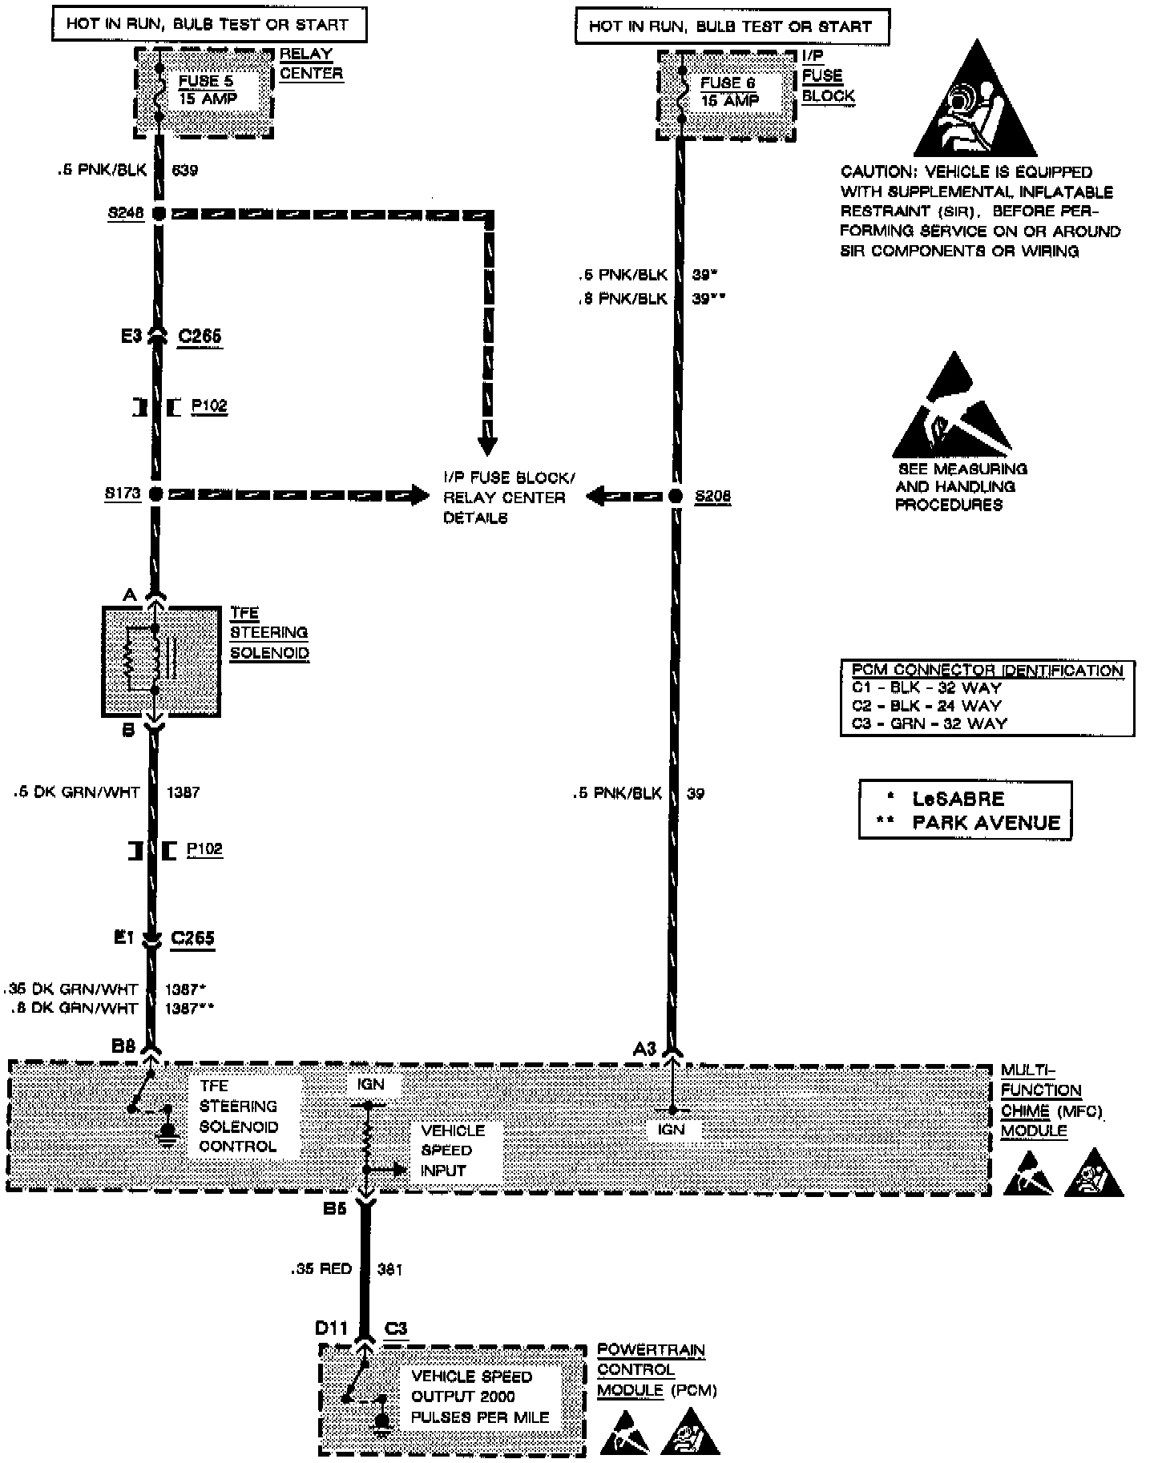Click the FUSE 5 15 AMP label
click(208, 90)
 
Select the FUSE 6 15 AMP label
click(729, 91)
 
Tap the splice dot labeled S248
click(159, 214)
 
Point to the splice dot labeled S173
click(156, 494)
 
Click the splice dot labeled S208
click(675, 496)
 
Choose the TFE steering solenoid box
click(160, 661)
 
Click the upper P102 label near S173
click(209, 406)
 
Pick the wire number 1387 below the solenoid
click(184, 792)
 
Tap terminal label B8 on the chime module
click(125, 1046)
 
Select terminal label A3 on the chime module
click(645, 1048)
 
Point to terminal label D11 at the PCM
click(331, 1328)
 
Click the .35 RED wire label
click(322, 1268)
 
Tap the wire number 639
click(185, 170)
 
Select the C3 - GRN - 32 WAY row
click(929, 723)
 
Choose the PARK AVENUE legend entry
click(986, 823)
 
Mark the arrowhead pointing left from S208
click(598, 496)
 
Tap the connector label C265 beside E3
click(200, 337)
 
